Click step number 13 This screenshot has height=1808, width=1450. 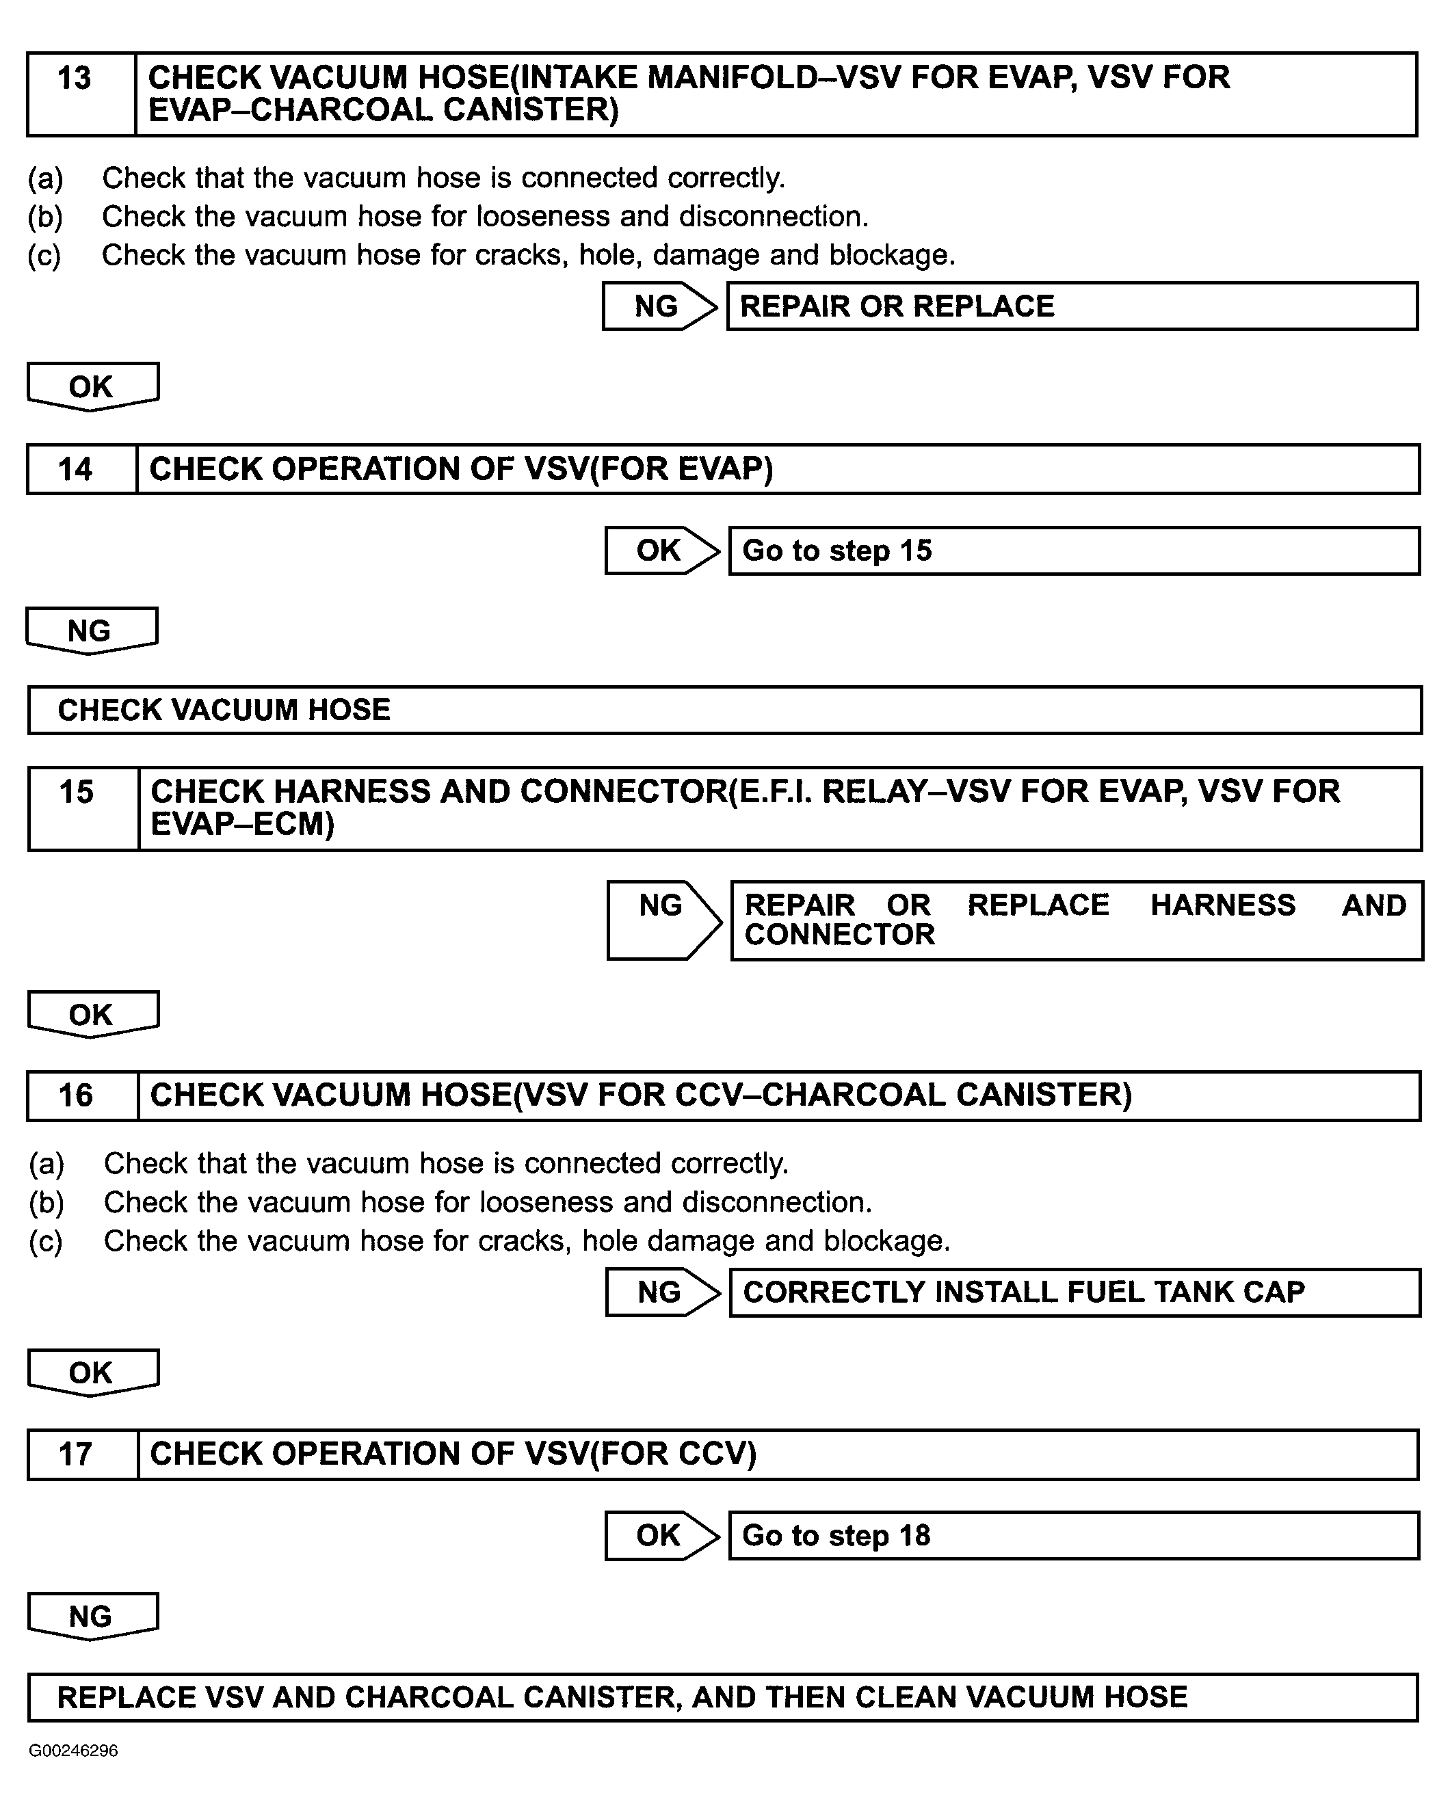tap(74, 79)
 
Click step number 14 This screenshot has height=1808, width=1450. tap(75, 469)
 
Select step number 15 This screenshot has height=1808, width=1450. tap(77, 793)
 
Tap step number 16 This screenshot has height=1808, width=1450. tap(75, 1095)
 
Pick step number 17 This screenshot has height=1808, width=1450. tap(75, 1453)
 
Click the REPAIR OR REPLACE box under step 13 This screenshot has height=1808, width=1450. tap(1072, 306)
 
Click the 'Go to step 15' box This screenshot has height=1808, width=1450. tap(1073, 551)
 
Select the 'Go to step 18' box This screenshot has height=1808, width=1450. tap(1073, 1535)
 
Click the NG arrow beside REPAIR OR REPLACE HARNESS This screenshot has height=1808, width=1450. tap(663, 920)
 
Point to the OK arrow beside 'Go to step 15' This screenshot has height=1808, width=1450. tap(661, 551)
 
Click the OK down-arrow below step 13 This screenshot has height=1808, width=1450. tap(92, 386)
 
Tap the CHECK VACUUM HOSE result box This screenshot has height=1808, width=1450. tap(724, 710)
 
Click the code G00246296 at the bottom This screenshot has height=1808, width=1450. tap(73, 1751)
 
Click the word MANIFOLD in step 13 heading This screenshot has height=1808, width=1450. tap(731, 77)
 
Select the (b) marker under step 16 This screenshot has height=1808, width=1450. tap(46, 1203)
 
